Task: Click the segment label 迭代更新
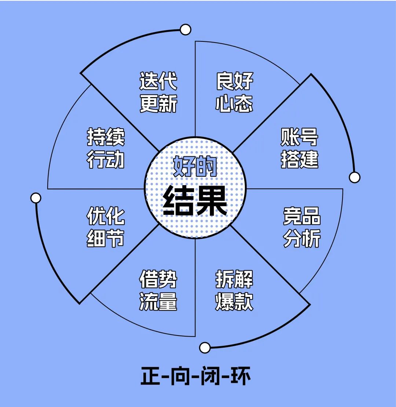(158, 92)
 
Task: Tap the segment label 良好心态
(234, 92)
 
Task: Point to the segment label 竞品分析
(302, 227)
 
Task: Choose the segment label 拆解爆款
(234, 290)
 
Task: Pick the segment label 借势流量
(158, 290)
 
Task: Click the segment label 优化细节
(106, 227)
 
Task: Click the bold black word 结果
(195, 201)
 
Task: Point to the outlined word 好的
(195, 167)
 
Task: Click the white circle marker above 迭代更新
(186, 29)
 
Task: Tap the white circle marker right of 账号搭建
(355, 177)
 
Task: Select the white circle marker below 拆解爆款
(205, 347)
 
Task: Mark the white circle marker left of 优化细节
(36, 198)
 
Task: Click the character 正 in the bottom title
(150, 377)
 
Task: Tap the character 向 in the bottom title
(180, 377)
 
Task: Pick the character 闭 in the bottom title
(210, 377)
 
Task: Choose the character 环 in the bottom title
(241, 377)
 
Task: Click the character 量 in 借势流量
(168, 301)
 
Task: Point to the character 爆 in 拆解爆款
(225, 301)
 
